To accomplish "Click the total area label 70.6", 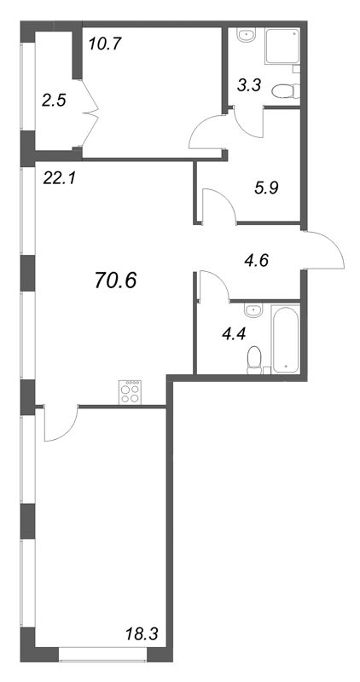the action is click(x=115, y=281).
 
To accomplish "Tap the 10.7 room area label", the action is click(x=104, y=43).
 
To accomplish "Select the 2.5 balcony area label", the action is click(x=54, y=101).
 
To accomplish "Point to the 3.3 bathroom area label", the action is click(x=249, y=85).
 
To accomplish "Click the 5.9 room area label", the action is click(x=266, y=188).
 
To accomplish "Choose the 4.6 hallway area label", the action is click(x=256, y=260).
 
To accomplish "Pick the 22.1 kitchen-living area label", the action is click(x=59, y=177).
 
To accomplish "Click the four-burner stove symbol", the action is click(x=131, y=392).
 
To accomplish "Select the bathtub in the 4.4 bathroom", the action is click(x=286, y=338).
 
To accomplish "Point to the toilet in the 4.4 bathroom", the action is click(x=254, y=361).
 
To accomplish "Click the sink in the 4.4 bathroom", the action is click(x=253, y=310).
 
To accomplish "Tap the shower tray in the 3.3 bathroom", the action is click(x=282, y=46).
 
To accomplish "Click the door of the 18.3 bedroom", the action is click(x=61, y=424).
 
